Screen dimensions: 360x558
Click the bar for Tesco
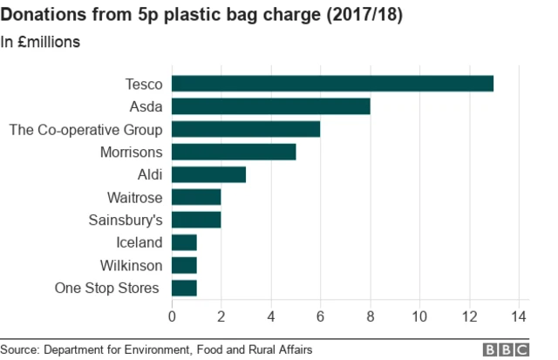pyautogui.click(x=332, y=84)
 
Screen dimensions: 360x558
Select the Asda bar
pyautogui.click(x=271, y=106)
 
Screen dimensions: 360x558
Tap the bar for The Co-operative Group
pyautogui.click(x=246, y=129)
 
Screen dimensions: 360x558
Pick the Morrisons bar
pyautogui.click(x=234, y=152)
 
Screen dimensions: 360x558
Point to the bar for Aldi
pyautogui.click(x=209, y=174)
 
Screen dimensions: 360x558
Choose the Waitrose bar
pyautogui.click(x=196, y=197)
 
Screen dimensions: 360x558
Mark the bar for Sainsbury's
pyautogui.click(x=196, y=220)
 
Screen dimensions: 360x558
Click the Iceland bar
pyautogui.click(x=184, y=242)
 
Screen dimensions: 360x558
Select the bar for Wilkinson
pyautogui.click(x=184, y=265)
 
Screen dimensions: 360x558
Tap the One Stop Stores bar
pyautogui.click(x=184, y=288)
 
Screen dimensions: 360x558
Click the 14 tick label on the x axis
pyautogui.click(x=521, y=316)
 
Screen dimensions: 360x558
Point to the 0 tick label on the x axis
pyautogui.click(x=172, y=316)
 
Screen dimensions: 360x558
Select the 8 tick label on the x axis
pyautogui.click(x=371, y=316)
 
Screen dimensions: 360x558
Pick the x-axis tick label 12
pyautogui.click(x=471, y=316)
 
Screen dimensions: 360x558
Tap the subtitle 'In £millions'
pyautogui.click(x=41, y=42)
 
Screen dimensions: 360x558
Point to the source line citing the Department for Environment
pyautogui.click(x=157, y=350)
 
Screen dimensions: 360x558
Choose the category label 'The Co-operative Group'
pyautogui.click(x=85, y=129)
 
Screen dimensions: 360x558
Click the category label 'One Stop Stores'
pyautogui.click(x=106, y=288)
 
